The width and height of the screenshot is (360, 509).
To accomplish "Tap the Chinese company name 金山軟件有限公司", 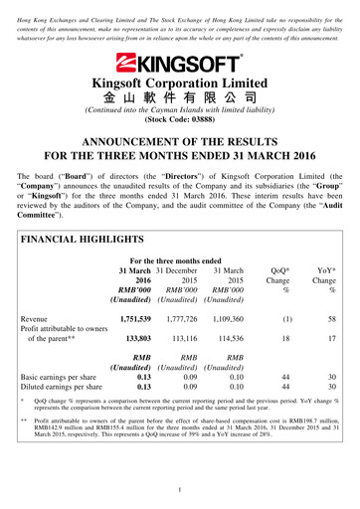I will (x=180, y=99).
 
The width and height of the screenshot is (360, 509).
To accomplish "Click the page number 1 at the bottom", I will (x=179, y=489).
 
